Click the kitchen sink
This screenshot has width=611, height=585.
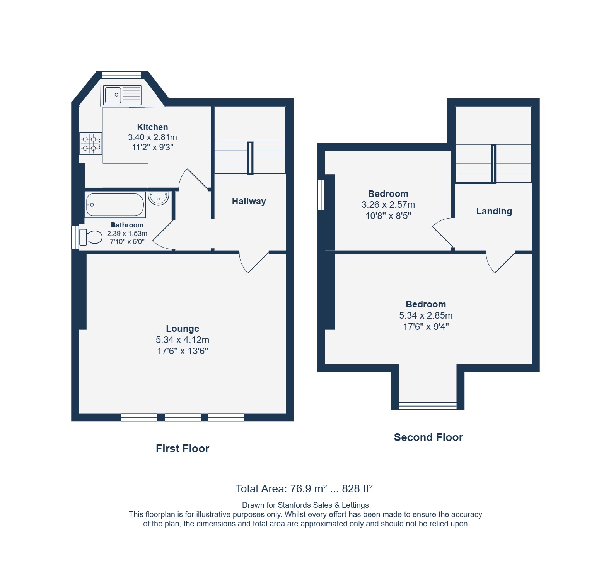pos(122,95)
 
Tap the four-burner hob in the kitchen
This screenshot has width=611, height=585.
pos(91,144)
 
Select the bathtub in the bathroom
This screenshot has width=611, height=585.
pos(115,205)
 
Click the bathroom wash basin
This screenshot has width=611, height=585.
pos(159,198)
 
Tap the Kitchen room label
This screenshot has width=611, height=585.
pos(152,127)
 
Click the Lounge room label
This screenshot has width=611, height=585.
pos(183,329)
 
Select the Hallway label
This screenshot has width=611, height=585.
pos(249,201)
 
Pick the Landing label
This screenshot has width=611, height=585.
pos(494,211)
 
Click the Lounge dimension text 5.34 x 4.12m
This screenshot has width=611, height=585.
pos(183,340)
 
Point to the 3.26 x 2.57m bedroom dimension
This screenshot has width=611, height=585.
pos(388,205)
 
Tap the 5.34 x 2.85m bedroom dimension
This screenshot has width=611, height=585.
pos(426,315)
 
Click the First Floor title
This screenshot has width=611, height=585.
pos(183,448)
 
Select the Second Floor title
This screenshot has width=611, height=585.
pos(428,437)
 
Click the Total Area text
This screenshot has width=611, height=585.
pos(304,489)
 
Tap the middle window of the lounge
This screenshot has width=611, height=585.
pos(183,417)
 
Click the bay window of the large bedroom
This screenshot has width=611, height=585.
pos(428,406)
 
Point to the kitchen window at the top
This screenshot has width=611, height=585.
pos(121,75)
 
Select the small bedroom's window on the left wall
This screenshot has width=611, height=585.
pos(321,195)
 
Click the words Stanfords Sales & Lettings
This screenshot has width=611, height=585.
pos(323,505)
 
